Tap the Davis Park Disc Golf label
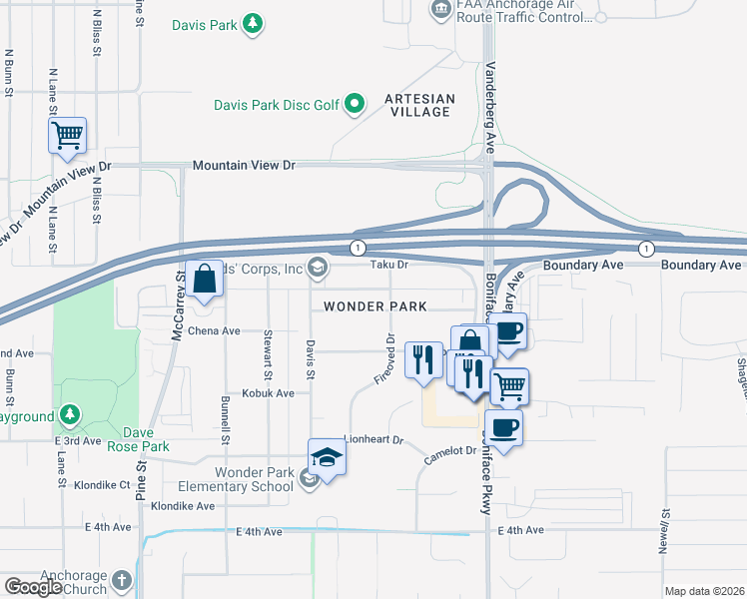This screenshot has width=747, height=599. [277, 103]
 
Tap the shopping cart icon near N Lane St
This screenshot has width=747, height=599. [67, 135]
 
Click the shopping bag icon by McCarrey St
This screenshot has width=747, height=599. [204, 281]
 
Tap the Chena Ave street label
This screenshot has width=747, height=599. [214, 330]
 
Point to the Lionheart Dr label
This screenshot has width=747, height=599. [372, 439]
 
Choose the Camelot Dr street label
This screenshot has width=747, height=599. [449, 451]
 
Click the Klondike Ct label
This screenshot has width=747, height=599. [103, 485]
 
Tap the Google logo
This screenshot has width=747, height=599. [33, 587]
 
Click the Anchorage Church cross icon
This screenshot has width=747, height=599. [121, 580]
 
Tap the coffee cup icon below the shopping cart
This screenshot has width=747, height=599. [505, 426]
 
